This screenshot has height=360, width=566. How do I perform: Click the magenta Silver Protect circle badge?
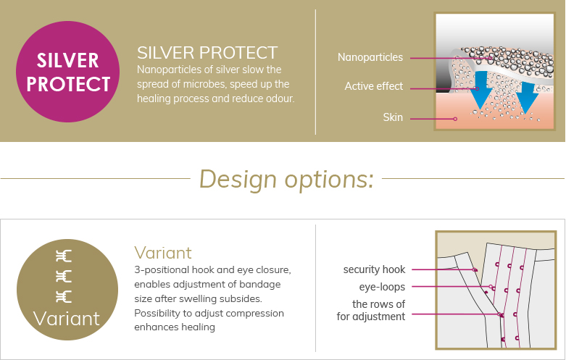click(67, 72)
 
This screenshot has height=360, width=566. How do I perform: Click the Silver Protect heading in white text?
click(207, 53)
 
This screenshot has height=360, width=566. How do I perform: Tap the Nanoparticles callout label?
click(370, 57)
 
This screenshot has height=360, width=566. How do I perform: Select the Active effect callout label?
click(374, 86)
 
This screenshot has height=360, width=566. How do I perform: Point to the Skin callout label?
click(393, 117)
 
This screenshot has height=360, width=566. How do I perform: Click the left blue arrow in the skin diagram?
click(480, 90)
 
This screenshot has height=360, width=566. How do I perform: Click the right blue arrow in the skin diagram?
click(527, 97)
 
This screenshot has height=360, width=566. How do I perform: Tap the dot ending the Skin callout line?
click(455, 119)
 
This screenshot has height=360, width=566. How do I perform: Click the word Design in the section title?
click(238, 179)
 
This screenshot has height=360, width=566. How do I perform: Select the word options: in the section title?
click(329, 180)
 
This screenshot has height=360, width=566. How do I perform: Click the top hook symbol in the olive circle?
click(64, 256)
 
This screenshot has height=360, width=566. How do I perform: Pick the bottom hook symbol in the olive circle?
click(64, 296)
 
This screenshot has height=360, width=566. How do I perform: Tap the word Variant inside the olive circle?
click(67, 319)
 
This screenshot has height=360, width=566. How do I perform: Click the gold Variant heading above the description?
click(163, 253)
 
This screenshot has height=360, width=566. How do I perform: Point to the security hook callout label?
click(374, 269)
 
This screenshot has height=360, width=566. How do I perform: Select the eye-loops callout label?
click(382, 287)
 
